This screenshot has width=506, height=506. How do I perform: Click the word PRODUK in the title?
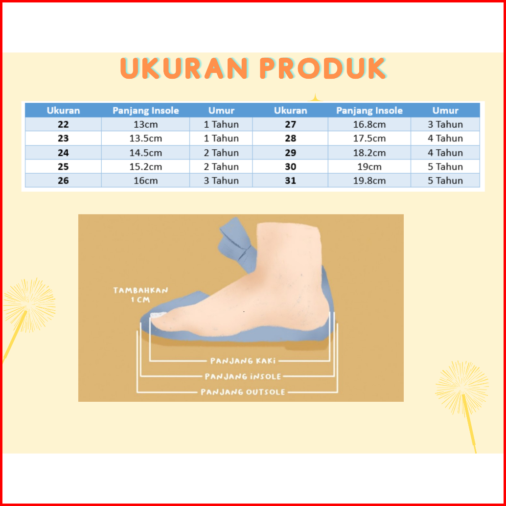pos(322,69)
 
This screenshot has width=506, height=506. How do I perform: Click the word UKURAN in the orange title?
pos(184,69)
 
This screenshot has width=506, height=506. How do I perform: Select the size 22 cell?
pos(63,124)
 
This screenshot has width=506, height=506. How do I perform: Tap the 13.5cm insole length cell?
pos(145,138)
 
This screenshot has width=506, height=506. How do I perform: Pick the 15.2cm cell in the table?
pos(145,166)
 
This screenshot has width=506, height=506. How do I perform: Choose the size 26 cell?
pos(63,181)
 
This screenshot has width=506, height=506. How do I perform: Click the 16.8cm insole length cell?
pos(369,124)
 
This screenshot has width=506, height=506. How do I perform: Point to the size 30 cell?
pos(290,166)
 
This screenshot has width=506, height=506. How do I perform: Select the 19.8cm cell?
pos(369,181)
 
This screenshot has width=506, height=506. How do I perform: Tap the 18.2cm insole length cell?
pos(369,153)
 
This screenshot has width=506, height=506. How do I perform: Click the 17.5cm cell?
pos(369,138)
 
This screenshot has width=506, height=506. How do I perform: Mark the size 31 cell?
pos(290,181)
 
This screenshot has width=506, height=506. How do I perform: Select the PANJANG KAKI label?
pos(243,361)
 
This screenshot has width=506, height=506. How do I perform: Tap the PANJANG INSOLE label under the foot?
pos(243,376)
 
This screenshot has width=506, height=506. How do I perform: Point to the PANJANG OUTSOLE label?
pos(243,392)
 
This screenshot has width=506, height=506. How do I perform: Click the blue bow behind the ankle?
pos(237,245)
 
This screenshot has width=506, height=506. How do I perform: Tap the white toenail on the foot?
pos(158,315)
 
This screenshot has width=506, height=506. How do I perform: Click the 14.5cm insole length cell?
pos(145,153)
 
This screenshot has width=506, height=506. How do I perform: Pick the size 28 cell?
pos(290,138)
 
